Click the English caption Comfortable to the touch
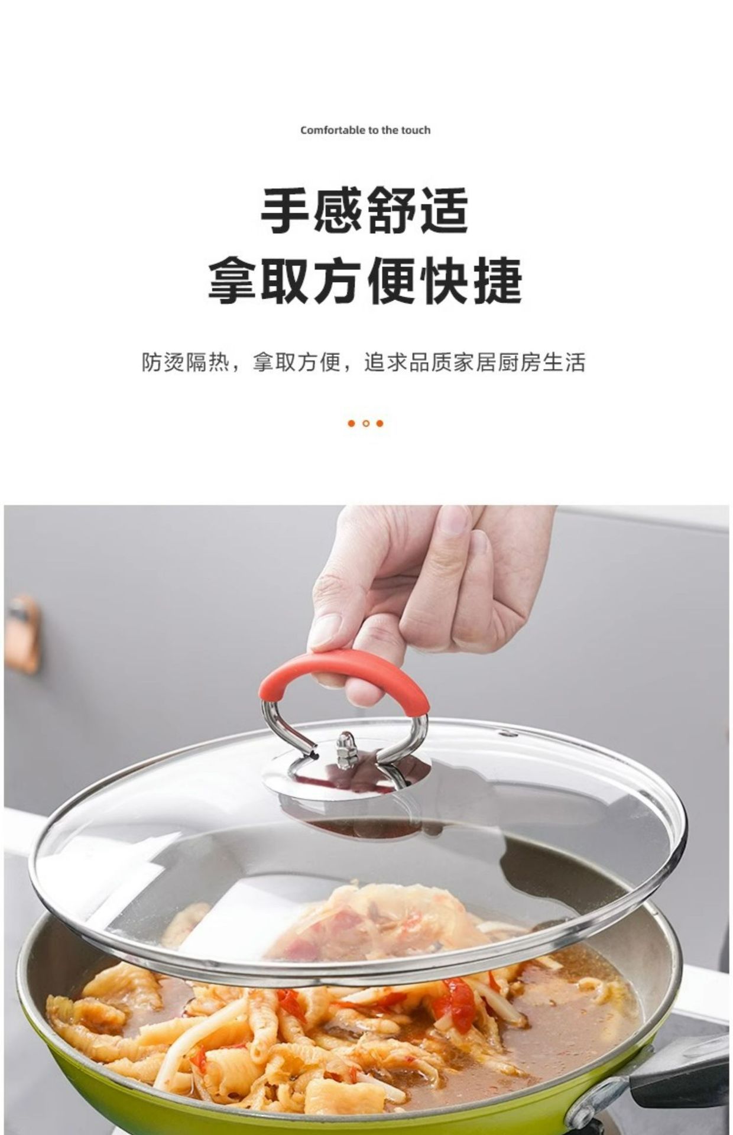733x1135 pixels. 365,130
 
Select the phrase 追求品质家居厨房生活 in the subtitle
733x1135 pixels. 475,362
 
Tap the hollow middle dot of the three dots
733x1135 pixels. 366,423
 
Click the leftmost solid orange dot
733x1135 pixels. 351,423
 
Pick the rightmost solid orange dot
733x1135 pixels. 380,423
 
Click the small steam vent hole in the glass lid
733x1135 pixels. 504,734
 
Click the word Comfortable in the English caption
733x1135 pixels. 326,130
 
